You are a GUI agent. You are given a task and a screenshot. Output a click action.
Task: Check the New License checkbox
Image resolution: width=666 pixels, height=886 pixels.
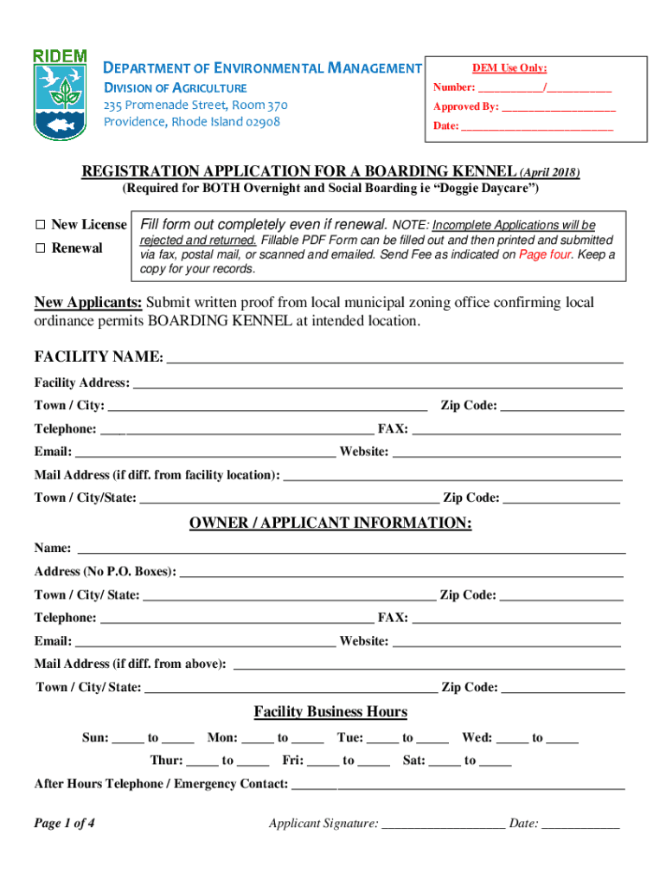(x=40, y=225)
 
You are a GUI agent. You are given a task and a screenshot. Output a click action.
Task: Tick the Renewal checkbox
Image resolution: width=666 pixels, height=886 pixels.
(x=40, y=248)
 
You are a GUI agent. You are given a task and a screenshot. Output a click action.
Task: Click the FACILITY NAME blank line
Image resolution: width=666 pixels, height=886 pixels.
(x=394, y=359)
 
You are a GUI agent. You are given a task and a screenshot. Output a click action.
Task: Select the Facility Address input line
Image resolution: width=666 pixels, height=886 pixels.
(x=377, y=384)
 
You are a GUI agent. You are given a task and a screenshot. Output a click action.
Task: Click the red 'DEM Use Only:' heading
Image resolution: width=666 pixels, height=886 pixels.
(x=509, y=69)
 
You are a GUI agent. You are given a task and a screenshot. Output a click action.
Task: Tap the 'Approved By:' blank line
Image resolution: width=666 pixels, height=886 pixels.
(x=559, y=108)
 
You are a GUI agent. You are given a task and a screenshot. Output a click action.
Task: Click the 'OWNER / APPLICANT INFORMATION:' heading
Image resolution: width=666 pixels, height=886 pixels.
(x=330, y=523)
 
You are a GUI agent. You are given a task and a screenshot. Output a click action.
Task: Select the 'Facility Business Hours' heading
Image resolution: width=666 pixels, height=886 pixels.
(x=330, y=712)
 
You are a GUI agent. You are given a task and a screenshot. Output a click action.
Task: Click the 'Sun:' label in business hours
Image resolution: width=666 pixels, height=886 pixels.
(x=95, y=738)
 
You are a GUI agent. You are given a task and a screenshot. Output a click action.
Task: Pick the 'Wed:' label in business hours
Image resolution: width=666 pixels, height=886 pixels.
(x=477, y=738)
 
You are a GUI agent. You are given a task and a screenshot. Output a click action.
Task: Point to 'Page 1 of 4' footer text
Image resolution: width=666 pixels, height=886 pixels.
(x=64, y=824)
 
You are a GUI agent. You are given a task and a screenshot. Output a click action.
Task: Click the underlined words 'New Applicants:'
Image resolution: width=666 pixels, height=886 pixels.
(x=88, y=302)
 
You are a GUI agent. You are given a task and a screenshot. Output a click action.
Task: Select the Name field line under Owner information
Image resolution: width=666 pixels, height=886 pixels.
(x=351, y=549)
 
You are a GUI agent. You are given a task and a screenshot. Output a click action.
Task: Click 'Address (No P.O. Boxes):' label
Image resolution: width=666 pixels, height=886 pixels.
(x=105, y=572)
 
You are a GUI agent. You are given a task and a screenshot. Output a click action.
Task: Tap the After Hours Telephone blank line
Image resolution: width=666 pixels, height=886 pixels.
(x=458, y=786)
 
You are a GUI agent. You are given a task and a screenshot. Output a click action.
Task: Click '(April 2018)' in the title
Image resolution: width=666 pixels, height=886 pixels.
(x=549, y=172)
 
